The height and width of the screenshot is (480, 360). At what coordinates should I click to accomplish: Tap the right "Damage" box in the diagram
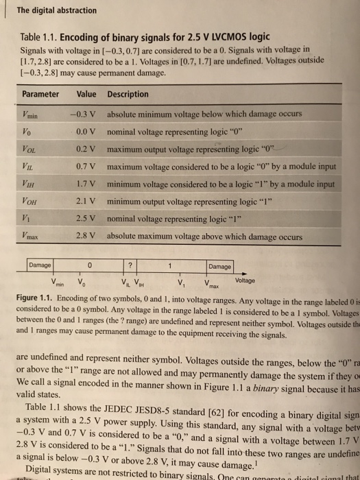click(x=220, y=266)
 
